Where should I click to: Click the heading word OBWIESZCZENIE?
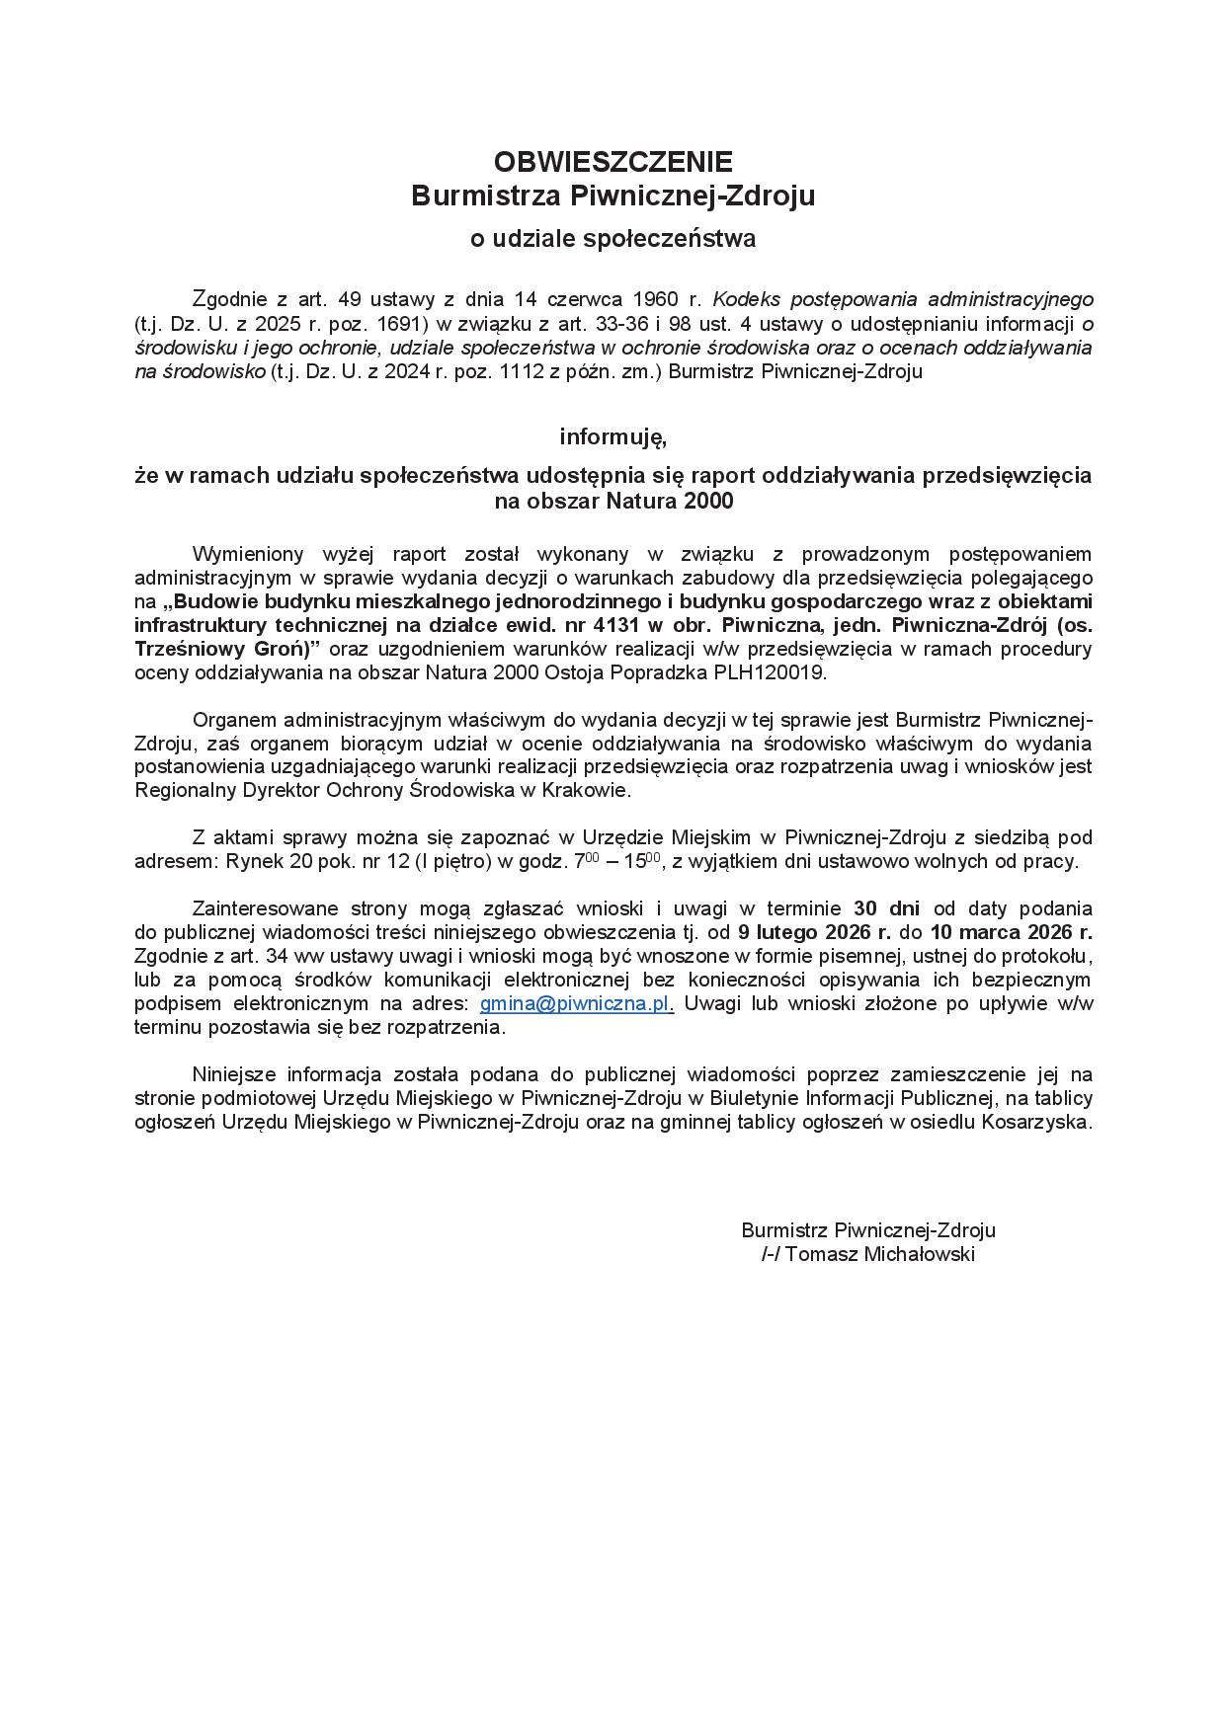[x=612, y=161]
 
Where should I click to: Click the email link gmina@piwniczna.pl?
[x=576, y=1003]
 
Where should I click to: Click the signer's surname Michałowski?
[x=920, y=1254]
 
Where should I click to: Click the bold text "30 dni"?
[x=887, y=907]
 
